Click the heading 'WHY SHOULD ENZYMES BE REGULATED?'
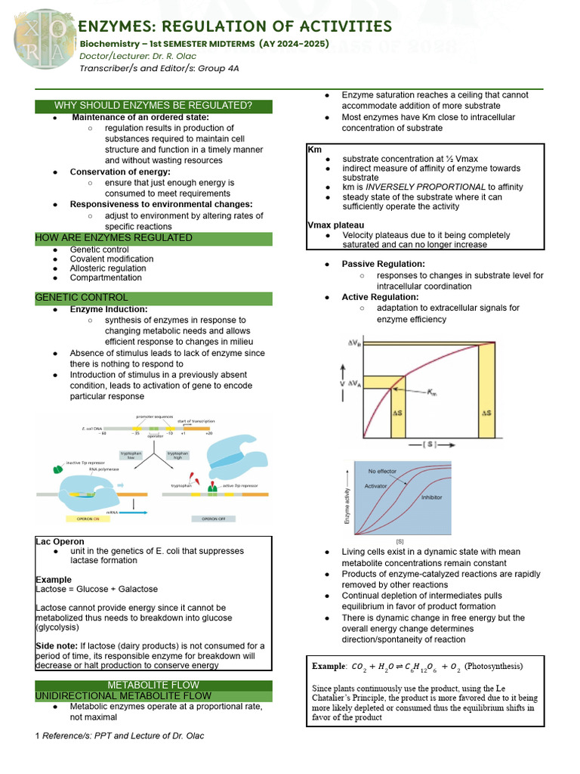point(153,105)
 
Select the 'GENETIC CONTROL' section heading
point(82,298)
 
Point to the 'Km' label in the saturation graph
point(431,392)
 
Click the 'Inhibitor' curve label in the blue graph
point(431,497)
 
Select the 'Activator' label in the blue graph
point(377,485)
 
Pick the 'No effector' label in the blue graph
point(382,472)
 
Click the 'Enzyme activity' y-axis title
point(348,506)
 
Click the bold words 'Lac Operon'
point(60,542)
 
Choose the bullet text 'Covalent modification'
point(111,259)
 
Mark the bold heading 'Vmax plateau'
point(335,225)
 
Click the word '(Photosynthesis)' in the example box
point(493,666)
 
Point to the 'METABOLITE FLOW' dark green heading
point(153,686)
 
